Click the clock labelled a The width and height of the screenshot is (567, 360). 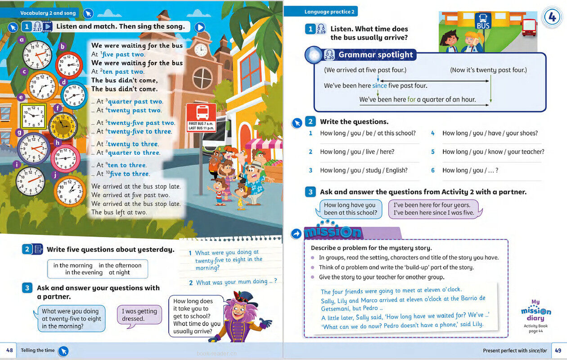point(37,55)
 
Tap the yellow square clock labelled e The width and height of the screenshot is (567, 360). point(33,116)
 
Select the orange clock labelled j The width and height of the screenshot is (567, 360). point(70,191)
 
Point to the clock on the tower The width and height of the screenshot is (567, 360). point(201,49)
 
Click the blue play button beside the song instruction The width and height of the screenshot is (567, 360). point(200,27)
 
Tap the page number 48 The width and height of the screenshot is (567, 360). point(9,350)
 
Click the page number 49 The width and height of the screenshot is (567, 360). point(558,350)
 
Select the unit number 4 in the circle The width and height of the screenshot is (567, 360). point(551,18)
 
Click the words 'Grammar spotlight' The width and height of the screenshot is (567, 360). point(375,55)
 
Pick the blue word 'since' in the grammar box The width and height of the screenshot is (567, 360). point(379,85)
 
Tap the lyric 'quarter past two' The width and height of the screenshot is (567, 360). point(136,102)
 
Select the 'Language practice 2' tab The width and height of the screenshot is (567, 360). point(329,12)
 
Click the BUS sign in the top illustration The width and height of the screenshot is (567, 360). point(483,22)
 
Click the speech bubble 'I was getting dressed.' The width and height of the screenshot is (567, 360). point(139,315)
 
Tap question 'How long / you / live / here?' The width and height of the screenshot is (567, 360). point(357,152)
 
